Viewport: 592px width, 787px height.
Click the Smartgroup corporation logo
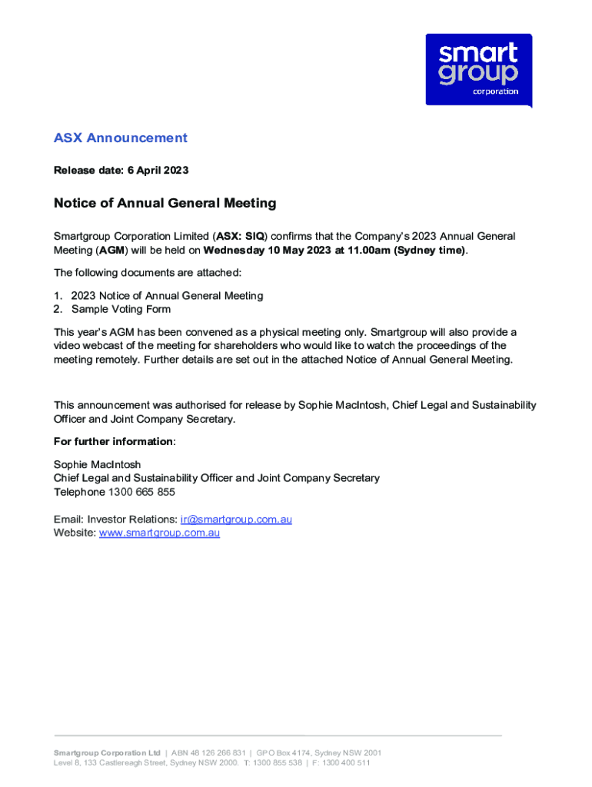point(478,70)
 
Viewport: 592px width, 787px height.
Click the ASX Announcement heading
point(120,138)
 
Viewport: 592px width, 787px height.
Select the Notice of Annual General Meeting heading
point(165,204)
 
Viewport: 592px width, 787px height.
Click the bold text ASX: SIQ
point(240,236)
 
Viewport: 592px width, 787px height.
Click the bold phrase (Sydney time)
point(429,251)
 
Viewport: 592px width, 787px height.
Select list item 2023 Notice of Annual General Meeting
point(167,296)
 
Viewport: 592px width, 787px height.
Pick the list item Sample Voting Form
point(121,310)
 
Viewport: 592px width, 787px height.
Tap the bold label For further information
point(113,442)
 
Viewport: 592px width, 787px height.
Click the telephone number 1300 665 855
point(141,492)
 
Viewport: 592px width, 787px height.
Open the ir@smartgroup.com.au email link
point(236,520)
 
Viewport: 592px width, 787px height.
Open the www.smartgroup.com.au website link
point(159,533)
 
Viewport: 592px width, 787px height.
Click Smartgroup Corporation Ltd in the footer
point(107,752)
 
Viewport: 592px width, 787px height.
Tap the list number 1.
point(57,296)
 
